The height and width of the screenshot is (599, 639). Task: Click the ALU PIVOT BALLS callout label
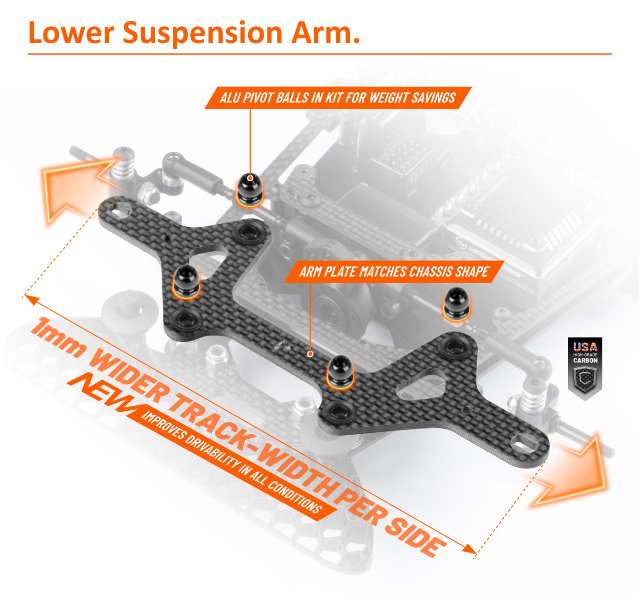coord(337,98)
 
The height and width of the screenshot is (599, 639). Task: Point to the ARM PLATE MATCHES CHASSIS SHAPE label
coord(393,272)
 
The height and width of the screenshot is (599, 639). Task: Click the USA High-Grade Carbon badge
coord(585,369)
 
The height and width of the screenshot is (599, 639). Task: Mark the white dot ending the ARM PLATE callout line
coord(311,354)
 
